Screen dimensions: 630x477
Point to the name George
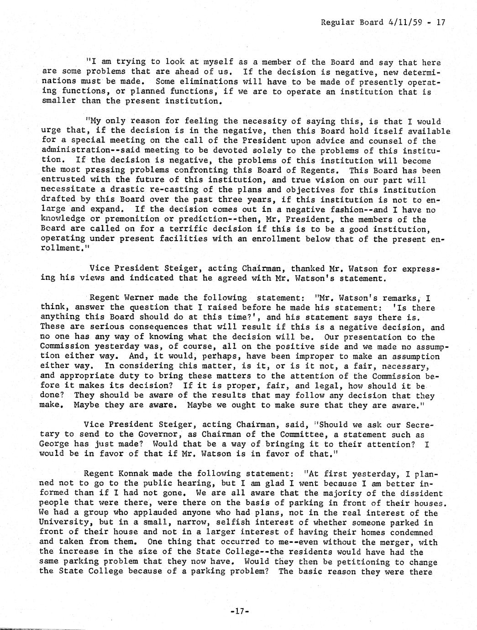click(55, 444)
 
